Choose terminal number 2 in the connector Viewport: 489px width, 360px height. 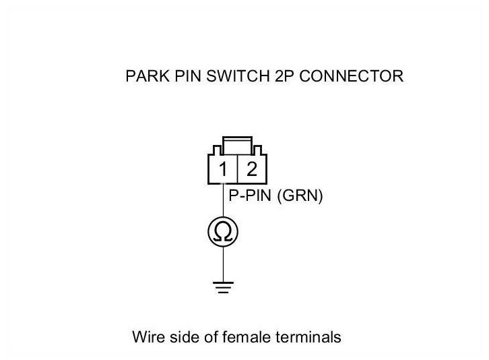pyautogui.click(x=252, y=169)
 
